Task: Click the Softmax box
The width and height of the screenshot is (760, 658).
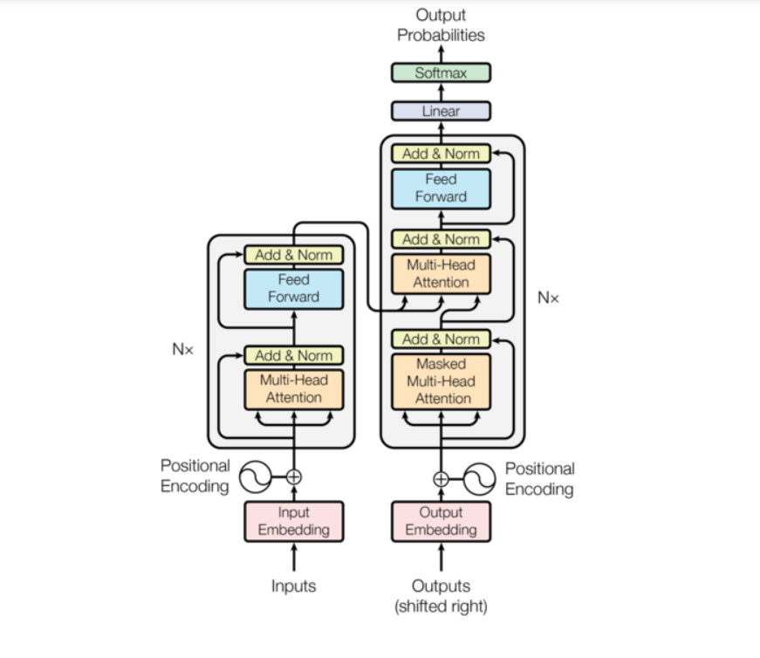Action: click(x=441, y=73)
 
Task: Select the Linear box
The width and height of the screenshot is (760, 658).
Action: click(x=441, y=112)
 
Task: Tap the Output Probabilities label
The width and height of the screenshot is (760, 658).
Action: click(x=441, y=25)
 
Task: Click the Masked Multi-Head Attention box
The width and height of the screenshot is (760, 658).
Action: click(x=441, y=381)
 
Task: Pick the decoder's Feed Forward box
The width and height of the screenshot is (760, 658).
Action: click(x=441, y=188)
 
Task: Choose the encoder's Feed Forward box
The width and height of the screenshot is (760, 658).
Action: click(x=293, y=289)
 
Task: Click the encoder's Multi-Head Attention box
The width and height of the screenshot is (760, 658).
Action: click(x=293, y=389)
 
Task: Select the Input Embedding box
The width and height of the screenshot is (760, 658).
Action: click(x=293, y=521)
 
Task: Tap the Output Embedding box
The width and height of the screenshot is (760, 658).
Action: click(x=441, y=521)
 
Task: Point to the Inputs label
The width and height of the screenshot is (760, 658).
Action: click(x=293, y=586)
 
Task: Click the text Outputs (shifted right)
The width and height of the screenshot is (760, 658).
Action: click(x=441, y=595)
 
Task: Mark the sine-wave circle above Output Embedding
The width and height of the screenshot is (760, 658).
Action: click(x=479, y=477)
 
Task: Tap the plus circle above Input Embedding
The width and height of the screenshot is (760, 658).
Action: click(x=294, y=476)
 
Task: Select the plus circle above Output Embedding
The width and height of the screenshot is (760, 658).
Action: click(x=441, y=477)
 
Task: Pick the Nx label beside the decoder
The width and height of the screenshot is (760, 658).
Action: click(x=548, y=298)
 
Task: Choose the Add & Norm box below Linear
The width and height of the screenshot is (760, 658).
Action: click(x=441, y=154)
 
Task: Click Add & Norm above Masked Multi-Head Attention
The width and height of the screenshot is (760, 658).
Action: click(x=441, y=339)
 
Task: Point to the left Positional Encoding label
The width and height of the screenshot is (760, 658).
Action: click(x=195, y=476)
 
